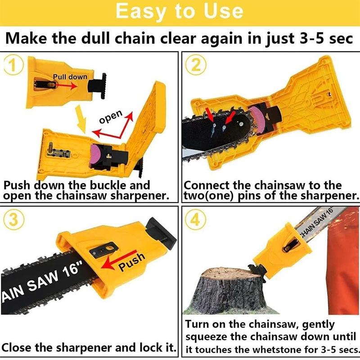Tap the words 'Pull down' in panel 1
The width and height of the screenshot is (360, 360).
coord(70,76)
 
